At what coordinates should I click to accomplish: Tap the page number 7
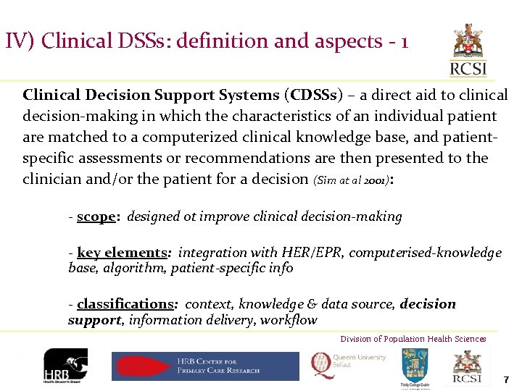(506, 380)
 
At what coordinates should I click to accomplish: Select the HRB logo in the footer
(65, 367)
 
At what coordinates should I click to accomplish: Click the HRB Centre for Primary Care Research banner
(205, 366)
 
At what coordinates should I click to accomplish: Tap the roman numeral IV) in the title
(20, 41)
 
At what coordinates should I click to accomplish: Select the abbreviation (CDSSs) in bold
(312, 95)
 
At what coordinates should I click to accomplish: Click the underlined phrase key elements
(122, 253)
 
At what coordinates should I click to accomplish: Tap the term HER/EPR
(323, 253)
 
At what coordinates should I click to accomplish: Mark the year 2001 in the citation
(374, 180)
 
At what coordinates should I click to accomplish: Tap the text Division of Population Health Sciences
(413, 339)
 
